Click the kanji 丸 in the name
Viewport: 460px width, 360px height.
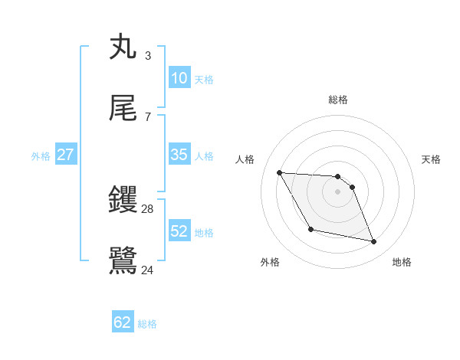[123, 47]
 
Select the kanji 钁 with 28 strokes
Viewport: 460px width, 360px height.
[123, 201]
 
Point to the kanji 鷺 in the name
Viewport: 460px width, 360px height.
[123, 261]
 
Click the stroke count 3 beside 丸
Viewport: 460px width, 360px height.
[148, 56]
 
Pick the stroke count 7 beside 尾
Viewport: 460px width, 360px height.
[148, 116]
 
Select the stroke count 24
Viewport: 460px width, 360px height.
[148, 270]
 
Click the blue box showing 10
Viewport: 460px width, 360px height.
[179, 78]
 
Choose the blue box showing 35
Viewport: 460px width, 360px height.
[179, 155]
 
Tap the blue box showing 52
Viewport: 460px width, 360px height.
[179, 231]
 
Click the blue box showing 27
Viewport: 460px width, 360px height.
[66, 155]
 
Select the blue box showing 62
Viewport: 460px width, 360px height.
[123, 322]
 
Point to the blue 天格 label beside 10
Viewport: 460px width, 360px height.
[204, 80]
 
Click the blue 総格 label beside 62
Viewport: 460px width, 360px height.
[147, 324]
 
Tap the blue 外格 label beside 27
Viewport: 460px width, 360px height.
[41, 156]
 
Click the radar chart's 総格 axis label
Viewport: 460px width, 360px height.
[338, 100]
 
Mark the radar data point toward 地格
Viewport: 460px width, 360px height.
[374, 242]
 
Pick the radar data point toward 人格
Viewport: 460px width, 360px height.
[280, 172]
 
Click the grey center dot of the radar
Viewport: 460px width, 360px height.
[338, 191]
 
